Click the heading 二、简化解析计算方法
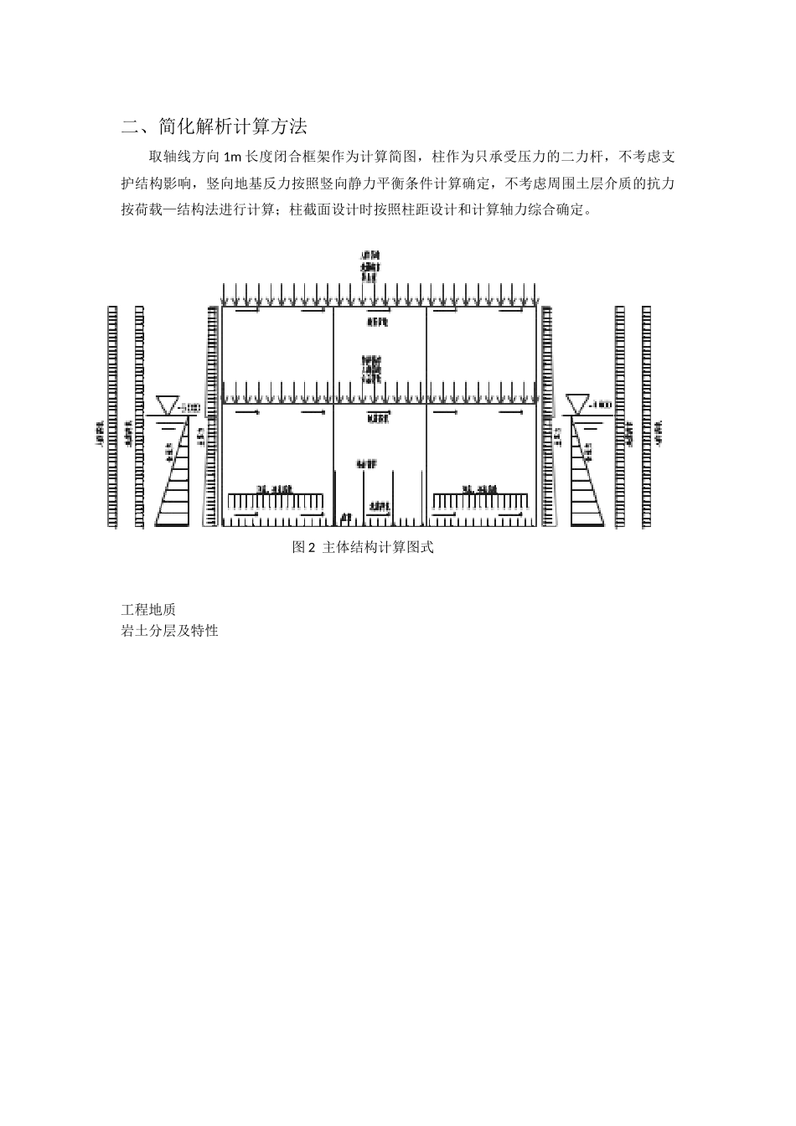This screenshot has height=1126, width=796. click(215, 127)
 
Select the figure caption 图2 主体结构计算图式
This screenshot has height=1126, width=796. click(363, 548)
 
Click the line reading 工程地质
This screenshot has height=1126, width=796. click(148, 610)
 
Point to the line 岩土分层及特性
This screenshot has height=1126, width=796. click(170, 631)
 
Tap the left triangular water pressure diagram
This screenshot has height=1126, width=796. click(178, 478)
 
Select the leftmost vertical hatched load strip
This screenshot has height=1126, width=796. click(113, 416)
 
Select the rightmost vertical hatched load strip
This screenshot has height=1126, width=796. click(646, 416)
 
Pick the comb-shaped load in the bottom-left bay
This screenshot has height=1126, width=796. click(277, 500)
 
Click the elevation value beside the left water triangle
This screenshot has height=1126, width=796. click(189, 407)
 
